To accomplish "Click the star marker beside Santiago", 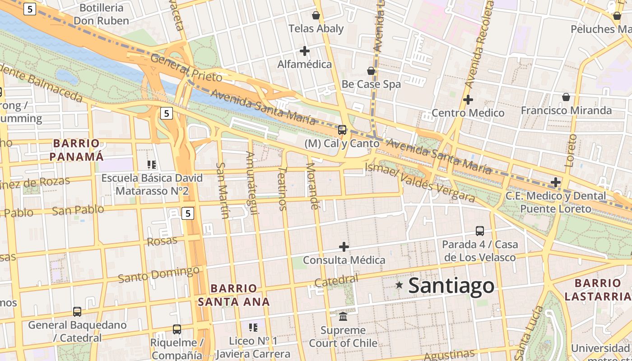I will [399, 285].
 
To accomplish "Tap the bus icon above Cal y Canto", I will [342, 130].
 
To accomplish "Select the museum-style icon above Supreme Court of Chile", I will [343, 316].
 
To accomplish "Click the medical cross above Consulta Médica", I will [344, 247].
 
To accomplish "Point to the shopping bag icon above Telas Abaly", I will [316, 15].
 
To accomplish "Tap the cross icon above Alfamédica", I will [305, 51].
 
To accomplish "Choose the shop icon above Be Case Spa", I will [371, 71].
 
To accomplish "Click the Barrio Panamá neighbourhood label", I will [76, 150].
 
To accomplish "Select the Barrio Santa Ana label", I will [234, 295].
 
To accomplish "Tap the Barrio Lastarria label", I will [598, 290].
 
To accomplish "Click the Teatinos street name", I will [282, 189].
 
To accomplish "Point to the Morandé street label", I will [312, 185].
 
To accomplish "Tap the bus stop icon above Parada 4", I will [480, 231].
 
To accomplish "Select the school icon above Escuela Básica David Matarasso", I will [152, 165].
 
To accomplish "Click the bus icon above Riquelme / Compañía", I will [177, 329].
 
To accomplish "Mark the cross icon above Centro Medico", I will [468, 99].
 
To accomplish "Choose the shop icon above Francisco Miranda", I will [566, 97].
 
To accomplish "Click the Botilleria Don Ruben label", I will [101, 14].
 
